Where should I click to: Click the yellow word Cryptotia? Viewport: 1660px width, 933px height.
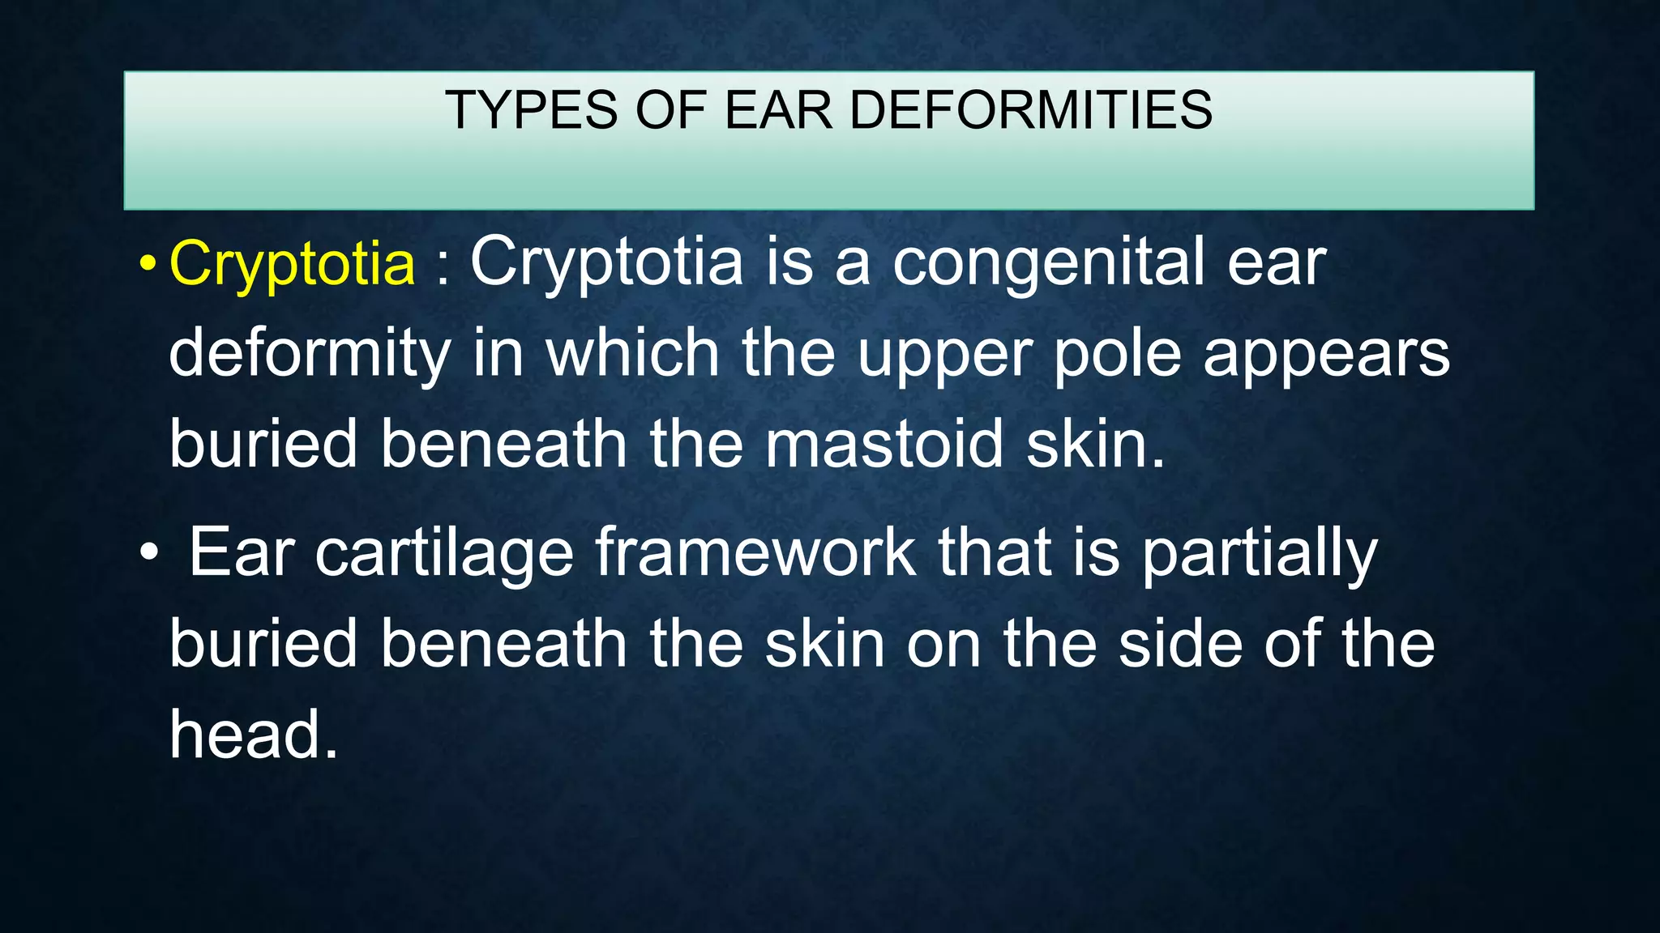(x=292, y=264)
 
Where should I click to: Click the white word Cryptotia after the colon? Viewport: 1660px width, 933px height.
(x=606, y=264)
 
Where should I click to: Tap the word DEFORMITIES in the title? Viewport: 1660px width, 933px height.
(x=1030, y=110)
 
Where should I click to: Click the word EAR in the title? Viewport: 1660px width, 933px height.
(x=779, y=110)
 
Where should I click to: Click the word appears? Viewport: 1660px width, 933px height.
(x=1326, y=355)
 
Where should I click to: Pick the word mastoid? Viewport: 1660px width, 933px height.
(x=884, y=445)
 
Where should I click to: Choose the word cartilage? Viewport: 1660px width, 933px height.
(x=444, y=554)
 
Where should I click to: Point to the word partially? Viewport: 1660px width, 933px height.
(x=1260, y=554)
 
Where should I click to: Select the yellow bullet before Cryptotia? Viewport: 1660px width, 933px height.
(x=147, y=265)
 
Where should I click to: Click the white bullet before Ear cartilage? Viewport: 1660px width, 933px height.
(x=148, y=555)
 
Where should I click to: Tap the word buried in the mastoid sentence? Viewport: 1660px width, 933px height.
(x=263, y=445)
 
